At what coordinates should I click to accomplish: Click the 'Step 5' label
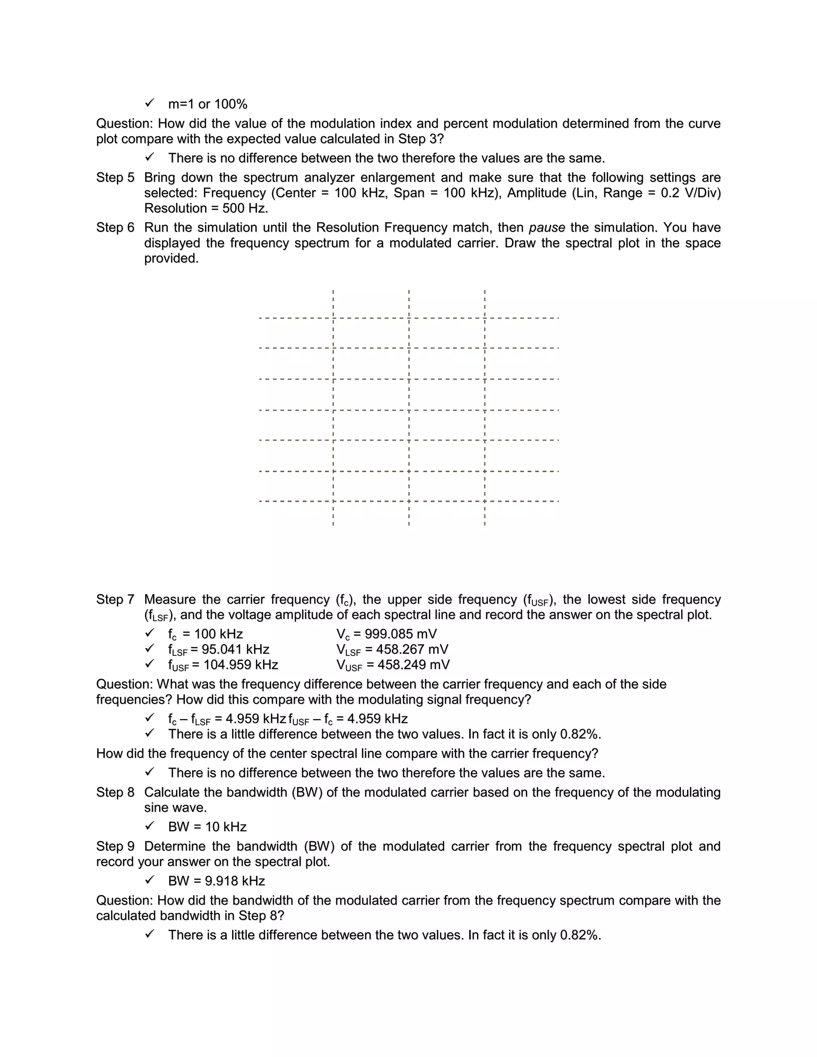(115, 177)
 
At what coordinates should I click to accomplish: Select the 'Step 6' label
(115, 227)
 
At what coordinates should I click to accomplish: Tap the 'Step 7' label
(115, 599)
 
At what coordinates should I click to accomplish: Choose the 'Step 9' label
(115, 846)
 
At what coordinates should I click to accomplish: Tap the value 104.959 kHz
(241, 665)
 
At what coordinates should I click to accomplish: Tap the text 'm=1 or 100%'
(207, 104)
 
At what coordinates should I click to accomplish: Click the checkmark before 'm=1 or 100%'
(150, 103)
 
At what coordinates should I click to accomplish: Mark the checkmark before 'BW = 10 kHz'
(150, 826)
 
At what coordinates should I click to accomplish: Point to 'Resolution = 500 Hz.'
(206, 209)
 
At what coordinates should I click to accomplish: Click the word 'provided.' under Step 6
(171, 258)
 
